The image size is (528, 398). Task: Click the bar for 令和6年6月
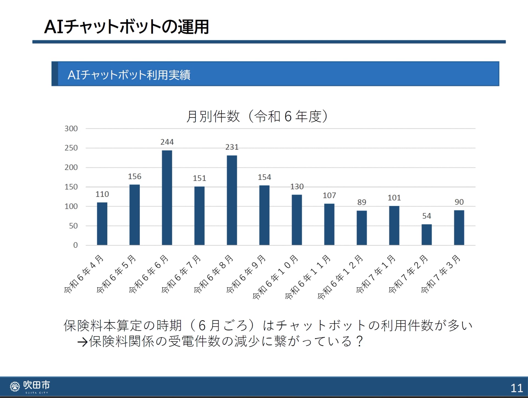pyautogui.click(x=167, y=197)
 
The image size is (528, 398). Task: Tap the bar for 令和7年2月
pyautogui.click(x=427, y=235)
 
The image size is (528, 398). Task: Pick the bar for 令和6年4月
pyautogui.click(x=102, y=224)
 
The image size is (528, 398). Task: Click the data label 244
pyautogui.click(x=167, y=142)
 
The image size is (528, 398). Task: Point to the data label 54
pyautogui.click(x=427, y=216)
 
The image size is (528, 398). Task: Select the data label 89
pyautogui.click(x=362, y=202)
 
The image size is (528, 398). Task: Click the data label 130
pyautogui.click(x=297, y=187)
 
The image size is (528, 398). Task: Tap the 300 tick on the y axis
pyautogui.click(x=71, y=129)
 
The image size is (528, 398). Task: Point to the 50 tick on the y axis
pyautogui.click(x=73, y=226)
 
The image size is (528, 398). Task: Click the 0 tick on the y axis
pyautogui.click(x=75, y=245)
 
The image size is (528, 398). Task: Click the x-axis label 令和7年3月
pyautogui.click(x=441, y=274)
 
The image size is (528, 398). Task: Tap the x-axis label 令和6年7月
pyautogui.click(x=181, y=274)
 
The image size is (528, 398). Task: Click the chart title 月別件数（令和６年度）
pyautogui.click(x=257, y=116)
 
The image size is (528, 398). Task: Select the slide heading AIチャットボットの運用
pyautogui.click(x=127, y=27)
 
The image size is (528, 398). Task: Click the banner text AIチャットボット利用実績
pyautogui.click(x=129, y=75)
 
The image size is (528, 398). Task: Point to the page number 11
pyautogui.click(x=516, y=388)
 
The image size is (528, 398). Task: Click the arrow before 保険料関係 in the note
pyautogui.click(x=82, y=342)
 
